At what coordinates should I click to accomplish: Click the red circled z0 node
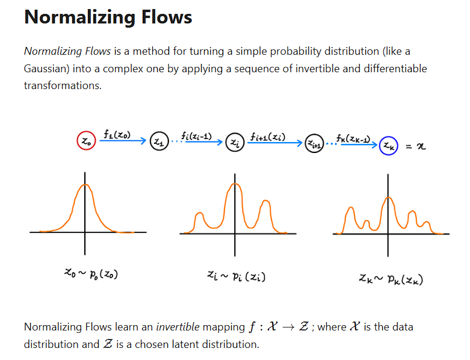pos(85,141)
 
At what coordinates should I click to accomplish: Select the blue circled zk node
pos(388,145)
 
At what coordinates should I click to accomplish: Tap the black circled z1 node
pos(158,142)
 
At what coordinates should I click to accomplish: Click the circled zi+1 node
pos(313,144)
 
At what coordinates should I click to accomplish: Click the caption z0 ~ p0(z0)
pos(91,275)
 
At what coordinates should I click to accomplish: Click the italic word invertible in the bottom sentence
pos(178,327)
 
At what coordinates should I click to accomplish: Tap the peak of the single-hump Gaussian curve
pos(85,184)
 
